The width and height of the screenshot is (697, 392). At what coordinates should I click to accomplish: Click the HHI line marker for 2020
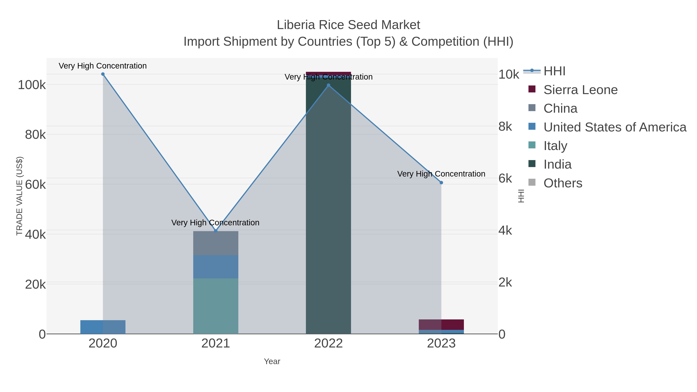(x=103, y=74)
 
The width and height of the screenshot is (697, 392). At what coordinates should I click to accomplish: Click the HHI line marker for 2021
(x=216, y=231)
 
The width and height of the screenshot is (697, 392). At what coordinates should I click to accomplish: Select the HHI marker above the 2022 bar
(x=329, y=85)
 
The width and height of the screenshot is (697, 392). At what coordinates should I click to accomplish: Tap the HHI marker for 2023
(x=441, y=183)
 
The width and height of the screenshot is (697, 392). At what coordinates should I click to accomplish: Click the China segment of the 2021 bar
(x=216, y=243)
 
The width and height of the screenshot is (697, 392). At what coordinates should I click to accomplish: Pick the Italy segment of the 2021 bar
(x=216, y=306)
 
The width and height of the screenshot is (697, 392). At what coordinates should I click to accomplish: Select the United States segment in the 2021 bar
(x=216, y=267)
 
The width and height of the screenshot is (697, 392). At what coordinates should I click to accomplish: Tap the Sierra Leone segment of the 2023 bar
(x=441, y=324)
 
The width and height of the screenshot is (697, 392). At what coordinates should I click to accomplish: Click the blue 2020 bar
(x=103, y=327)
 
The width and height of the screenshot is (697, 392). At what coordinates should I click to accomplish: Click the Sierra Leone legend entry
(x=580, y=90)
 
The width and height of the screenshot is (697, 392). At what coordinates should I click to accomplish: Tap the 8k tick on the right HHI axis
(x=505, y=127)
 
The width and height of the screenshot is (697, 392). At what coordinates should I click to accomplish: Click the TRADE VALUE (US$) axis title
(x=20, y=196)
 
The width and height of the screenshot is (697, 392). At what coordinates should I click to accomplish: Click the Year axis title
(x=272, y=361)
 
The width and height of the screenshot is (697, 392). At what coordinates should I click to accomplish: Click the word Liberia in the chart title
(x=296, y=25)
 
